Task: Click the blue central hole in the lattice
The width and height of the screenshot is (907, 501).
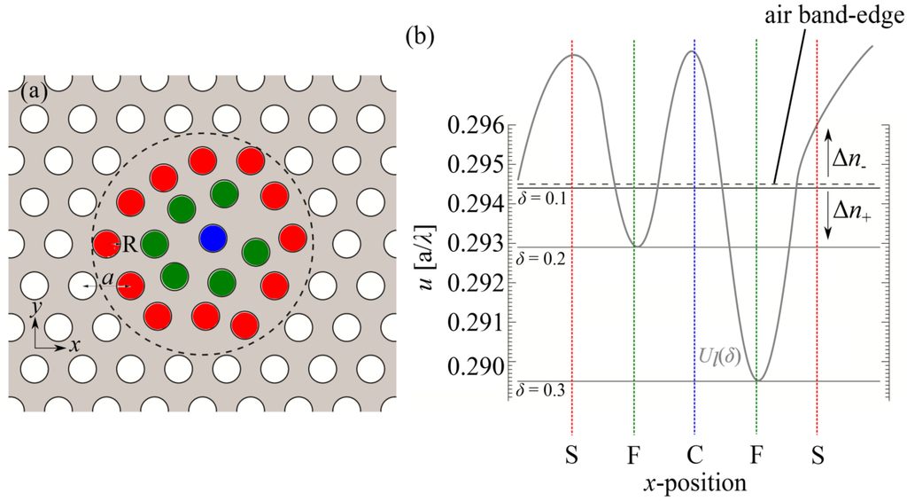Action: click(x=213, y=238)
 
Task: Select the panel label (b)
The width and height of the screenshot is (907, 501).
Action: click(x=419, y=37)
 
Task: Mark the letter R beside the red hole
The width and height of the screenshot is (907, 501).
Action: click(x=129, y=245)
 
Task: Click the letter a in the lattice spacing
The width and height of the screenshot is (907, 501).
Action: click(x=107, y=279)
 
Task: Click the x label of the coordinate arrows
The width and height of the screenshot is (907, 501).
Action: click(x=75, y=346)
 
